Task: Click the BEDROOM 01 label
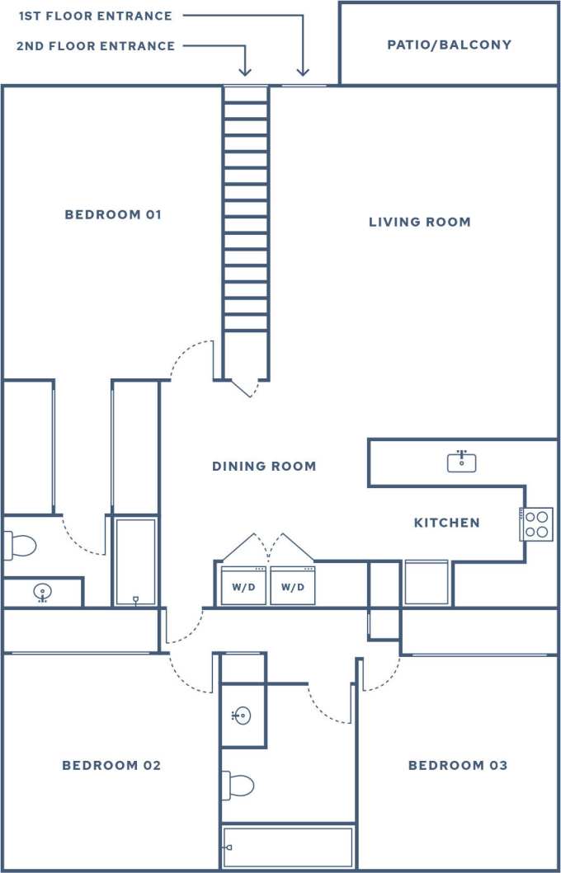(113, 215)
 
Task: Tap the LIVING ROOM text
(419, 222)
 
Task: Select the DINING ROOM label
(264, 467)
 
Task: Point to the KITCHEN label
(446, 523)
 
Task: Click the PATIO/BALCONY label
(450, 45)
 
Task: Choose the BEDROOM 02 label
(111, 766)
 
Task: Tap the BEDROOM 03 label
(458, 766)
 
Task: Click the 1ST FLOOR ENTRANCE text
(96, 16)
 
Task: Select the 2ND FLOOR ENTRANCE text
(96, 46)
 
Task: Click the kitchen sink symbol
(462, 462)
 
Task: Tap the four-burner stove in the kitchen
(536, 523)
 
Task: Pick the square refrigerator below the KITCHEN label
(427, 583)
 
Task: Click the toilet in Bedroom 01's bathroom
(20, 545)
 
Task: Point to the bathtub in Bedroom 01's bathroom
(135, 562)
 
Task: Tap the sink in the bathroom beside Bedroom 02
(242, 716)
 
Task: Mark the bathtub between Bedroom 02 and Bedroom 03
(288, 847)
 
